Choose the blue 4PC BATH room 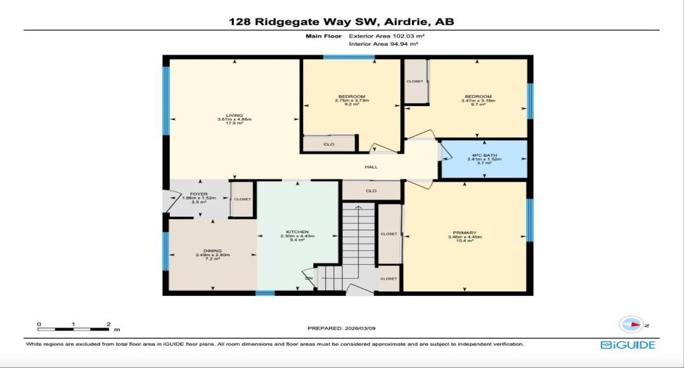483,160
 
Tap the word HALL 371,167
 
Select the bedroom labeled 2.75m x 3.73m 352,100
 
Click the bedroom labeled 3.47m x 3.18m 478,100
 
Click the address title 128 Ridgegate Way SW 341,22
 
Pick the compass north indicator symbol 632,324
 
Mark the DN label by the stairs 309,277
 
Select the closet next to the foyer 242,199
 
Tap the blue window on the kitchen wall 265,293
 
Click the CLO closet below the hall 371,191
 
